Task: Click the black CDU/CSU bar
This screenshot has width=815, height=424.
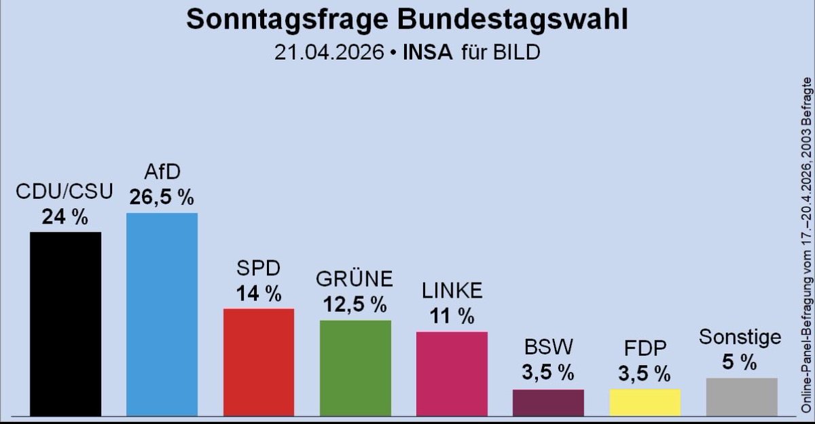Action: coord(65,323)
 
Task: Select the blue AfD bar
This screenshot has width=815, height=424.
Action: coord(162,314)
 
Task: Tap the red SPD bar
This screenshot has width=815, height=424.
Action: coord(259,361)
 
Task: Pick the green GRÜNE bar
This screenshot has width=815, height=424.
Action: coord(355,368)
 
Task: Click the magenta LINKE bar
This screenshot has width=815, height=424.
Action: coord(452,373)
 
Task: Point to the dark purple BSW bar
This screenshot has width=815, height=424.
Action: coord(548,402)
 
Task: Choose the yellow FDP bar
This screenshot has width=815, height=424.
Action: coord(645,402)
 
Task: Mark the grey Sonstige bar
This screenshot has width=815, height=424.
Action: coord(742,397)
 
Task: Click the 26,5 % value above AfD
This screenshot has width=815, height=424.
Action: coord(162,198)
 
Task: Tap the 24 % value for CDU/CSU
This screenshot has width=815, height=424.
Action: coord(65,217)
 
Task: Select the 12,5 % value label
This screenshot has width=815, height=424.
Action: coord(355,305)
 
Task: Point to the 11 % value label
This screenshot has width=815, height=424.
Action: coord(452,316)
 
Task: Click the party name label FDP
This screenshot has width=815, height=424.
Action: coord(644,349)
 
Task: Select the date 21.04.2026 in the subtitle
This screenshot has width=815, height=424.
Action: coord(328,52)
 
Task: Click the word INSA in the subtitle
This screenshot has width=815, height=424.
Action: coord(428,52)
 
